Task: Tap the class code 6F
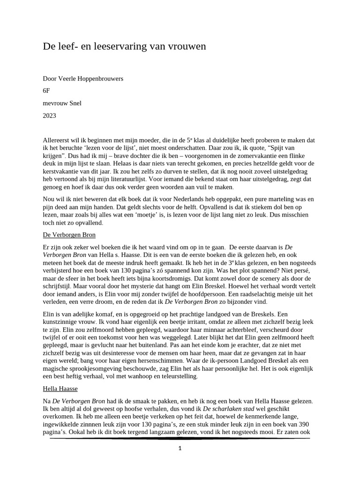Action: tap(46, 91)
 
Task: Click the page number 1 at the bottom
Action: tap(180, 448)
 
